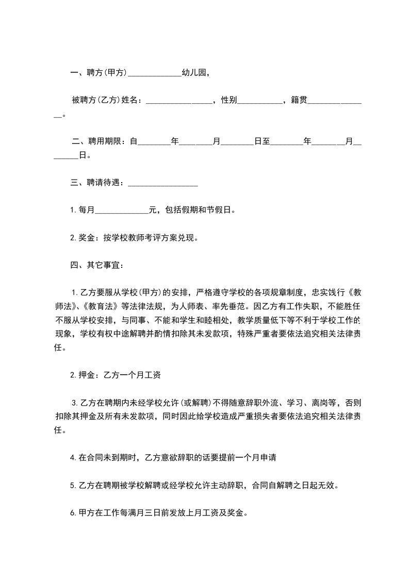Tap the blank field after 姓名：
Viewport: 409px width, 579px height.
(x=179, y=101)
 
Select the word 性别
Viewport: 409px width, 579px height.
(x=228, y=101)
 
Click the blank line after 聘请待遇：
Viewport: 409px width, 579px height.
(x=162, y=182)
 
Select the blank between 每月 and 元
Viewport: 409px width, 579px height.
(x=122, y=210)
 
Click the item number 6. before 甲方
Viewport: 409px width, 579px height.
(x=73, y=513)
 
